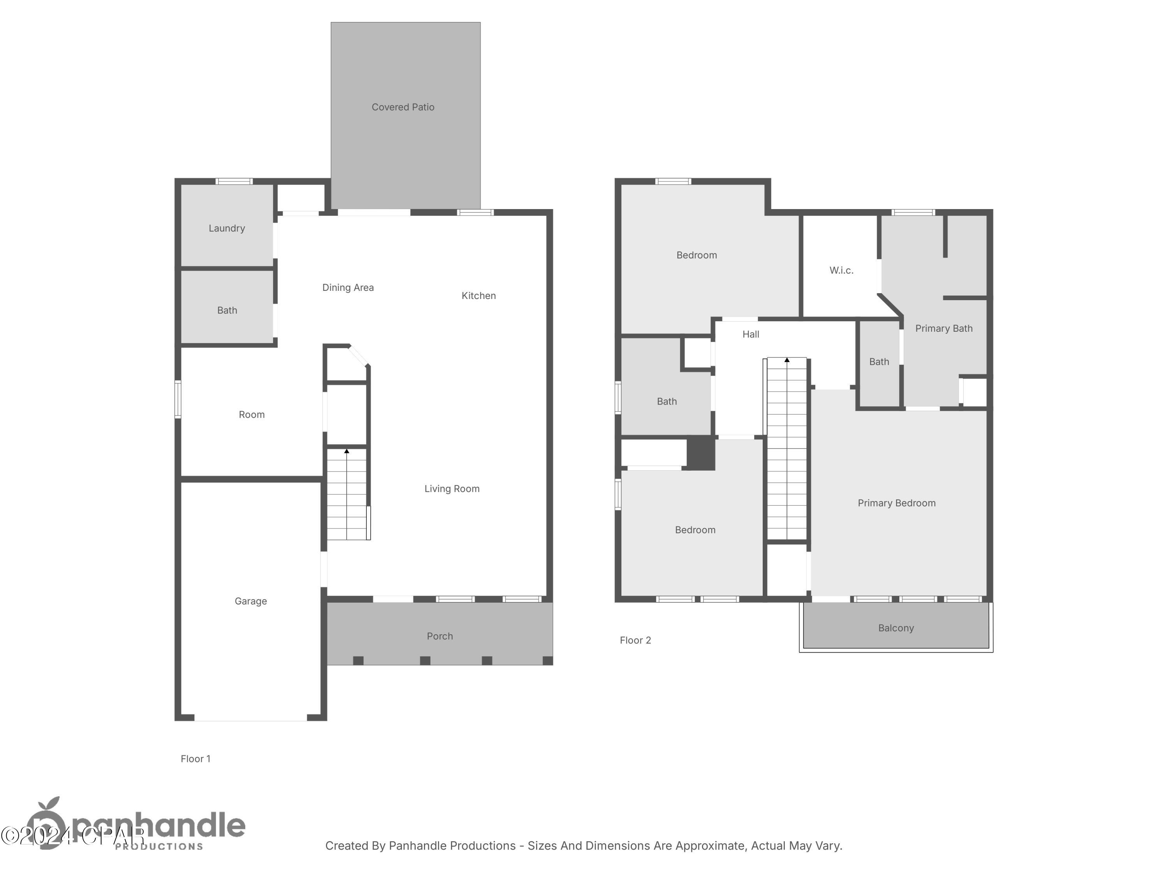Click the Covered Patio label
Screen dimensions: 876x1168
(403, 107)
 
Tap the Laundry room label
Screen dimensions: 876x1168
(227, 228)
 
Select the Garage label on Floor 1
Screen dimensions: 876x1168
(251, 601)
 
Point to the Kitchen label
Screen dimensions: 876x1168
(478, 296)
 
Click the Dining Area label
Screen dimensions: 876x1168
(348, 287)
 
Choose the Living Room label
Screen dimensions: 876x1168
(452, 489)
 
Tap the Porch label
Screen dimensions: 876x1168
(440, 636)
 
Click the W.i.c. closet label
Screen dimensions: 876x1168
(841, 270)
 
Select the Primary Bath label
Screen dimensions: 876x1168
(944, 329)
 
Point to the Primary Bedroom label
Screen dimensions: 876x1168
(896, 503)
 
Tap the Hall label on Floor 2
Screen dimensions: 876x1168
(750, 334)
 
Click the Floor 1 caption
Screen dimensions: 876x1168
(195, 759)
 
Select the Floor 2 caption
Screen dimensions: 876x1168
(635, 640)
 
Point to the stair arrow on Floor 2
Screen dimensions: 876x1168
(787, 360)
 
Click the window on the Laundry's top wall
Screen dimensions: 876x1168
(234, 182)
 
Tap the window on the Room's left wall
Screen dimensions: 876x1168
(178, 399)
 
